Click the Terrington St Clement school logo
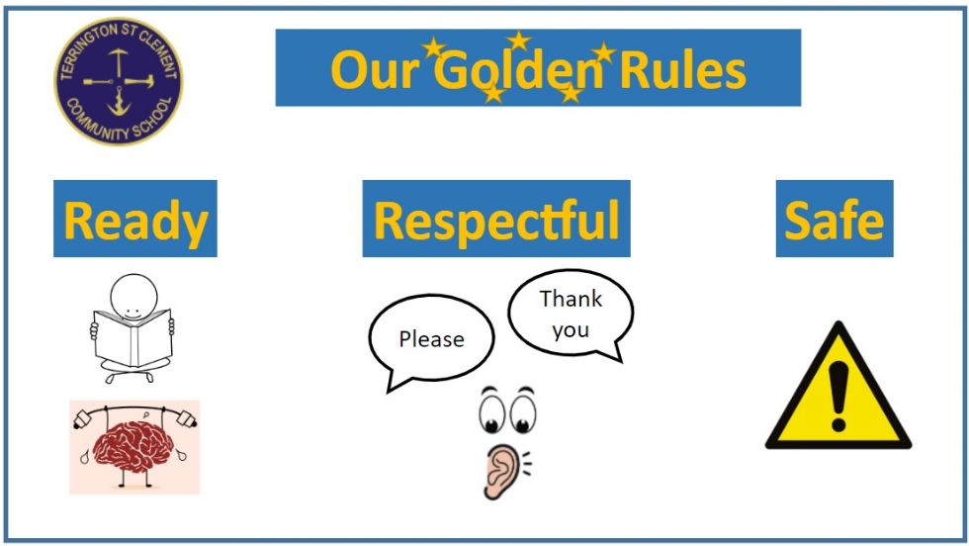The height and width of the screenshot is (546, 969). [x=119, y=82]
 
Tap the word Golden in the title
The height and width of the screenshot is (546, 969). [x=519, y=69]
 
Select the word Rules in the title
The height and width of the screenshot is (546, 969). [x=683, y=69]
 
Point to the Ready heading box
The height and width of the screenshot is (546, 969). [x=135, y=219]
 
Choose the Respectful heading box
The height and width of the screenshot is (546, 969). [x=496, y=219]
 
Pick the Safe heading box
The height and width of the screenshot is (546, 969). [x=835, y=219]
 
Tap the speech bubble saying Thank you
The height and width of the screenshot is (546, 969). [x=572, y=315]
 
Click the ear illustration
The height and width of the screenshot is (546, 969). [x=502, y=471]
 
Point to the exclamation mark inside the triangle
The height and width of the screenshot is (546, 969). [x=838, y=397]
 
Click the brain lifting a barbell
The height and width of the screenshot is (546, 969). [x=134, y=447]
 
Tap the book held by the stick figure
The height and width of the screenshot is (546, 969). [x=132, y=338]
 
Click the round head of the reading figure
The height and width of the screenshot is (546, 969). [x=133, y=297]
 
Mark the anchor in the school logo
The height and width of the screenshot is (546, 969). [x=118, y=102]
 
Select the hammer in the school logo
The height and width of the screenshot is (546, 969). [x=139, y=80]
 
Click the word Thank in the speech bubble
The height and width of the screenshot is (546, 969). [x=571, y=299]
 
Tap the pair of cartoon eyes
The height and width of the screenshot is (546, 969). [x=507, y=409]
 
